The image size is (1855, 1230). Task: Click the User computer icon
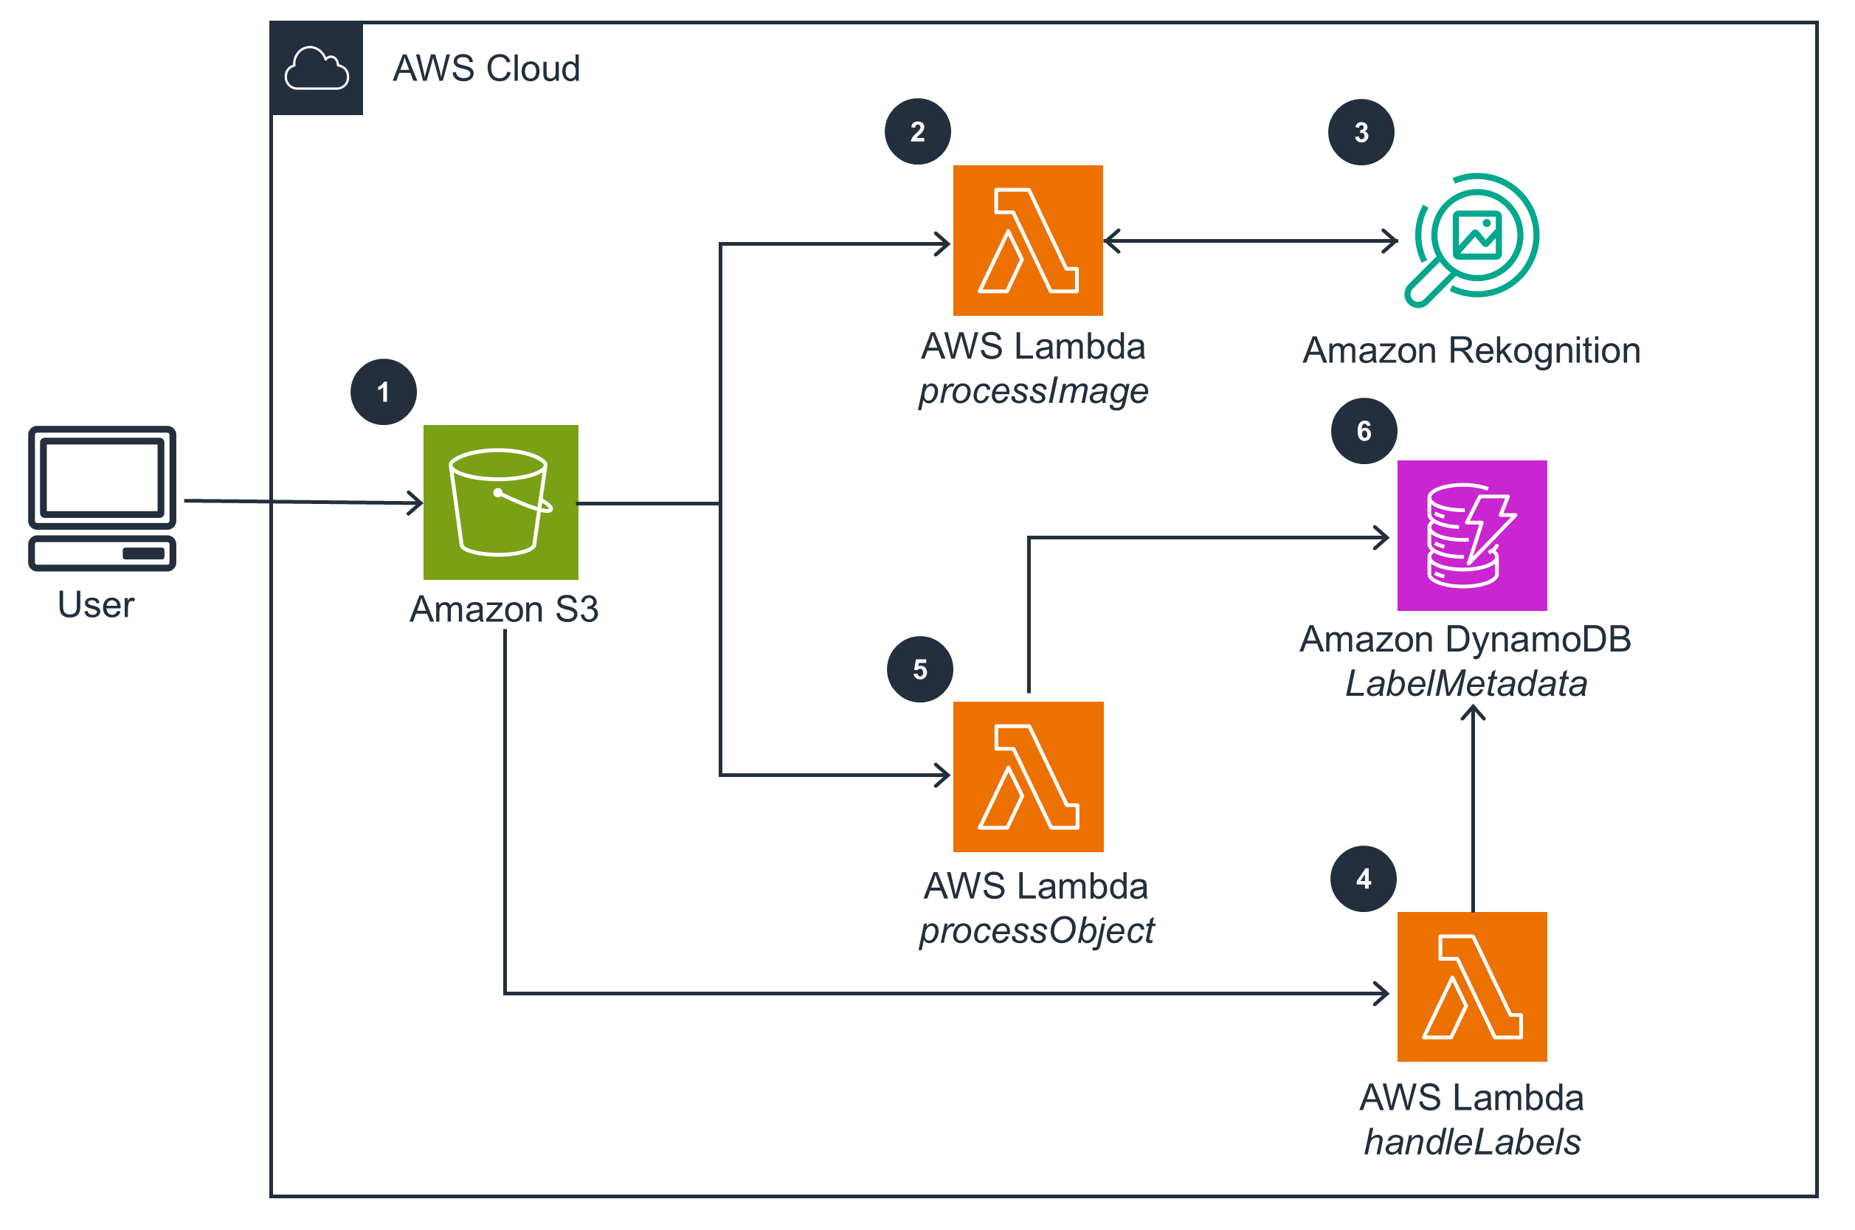click(102, 499)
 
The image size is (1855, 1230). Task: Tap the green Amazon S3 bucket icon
click(500, 502)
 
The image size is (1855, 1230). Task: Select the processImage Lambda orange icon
click(1028, 241)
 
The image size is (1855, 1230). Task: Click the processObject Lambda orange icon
click(1028, 777)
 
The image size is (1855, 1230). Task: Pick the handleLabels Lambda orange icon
click(1471, 987)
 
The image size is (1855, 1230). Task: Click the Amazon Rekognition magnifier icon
click(1471, 239)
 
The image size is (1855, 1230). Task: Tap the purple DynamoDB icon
click(1471, 536)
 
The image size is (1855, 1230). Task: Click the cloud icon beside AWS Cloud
click(316, 69)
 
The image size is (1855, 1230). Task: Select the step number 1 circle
click(384, 393)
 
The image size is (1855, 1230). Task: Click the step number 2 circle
click(918, 132)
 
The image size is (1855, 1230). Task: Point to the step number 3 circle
click(1361, 133)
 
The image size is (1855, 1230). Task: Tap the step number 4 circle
click(1363, 879)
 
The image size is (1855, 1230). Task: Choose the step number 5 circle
click(920, 669)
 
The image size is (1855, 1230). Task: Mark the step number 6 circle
click(1364, 431)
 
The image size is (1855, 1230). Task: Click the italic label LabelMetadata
click(1466, 683)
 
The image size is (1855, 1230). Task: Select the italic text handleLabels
click(1471, 1142)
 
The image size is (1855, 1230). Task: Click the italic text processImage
click(1033, 390)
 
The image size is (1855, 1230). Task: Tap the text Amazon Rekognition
click(1471, 350)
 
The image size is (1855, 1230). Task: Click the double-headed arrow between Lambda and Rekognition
click(1250, 241)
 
